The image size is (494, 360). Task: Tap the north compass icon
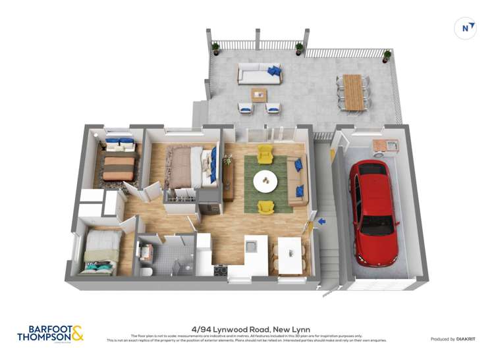(x=466, y=28)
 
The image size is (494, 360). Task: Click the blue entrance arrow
(x=321, y=222)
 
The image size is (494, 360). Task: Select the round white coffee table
(x=265, y=178)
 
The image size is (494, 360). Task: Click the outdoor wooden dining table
(x=354, y=91)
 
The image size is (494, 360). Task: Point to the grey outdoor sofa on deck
(x=260, y=73)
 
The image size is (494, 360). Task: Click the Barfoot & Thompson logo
(x=50, y=334)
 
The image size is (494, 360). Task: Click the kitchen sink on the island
(x=251, y=246)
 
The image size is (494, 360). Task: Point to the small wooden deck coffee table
(x=259, y=94)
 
